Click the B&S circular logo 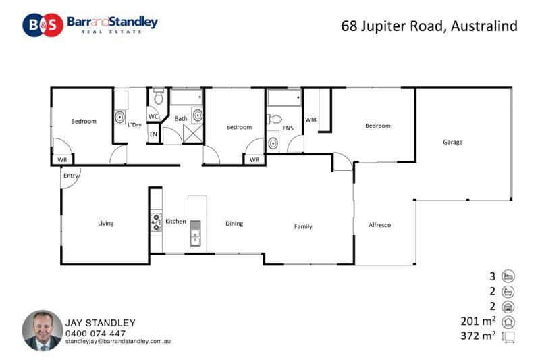[x=43, y=25]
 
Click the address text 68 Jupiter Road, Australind [x=429, y=26]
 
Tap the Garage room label [x=452, y=142]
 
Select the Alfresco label [x=379, y=225]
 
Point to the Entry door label [x=71, y=176]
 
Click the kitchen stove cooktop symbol [x=157, y=222]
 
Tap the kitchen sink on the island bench [x=195, y=233]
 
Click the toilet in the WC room [x=159, y=97]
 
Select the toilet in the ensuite [x=275, y=120]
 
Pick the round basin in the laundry [x=119, y=117]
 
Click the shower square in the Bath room [x=193, y=134]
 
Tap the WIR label [x=310, y=120]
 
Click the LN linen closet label [x=153, y=134]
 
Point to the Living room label [x=106, y=224]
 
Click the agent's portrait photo [x=43, y=330]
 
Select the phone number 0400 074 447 [x=95, y=334]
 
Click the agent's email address [x=117, y=341]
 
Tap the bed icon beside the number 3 [x=508, y=276]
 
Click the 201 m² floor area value [x=478, y=321]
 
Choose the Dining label [x=234, y=224]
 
